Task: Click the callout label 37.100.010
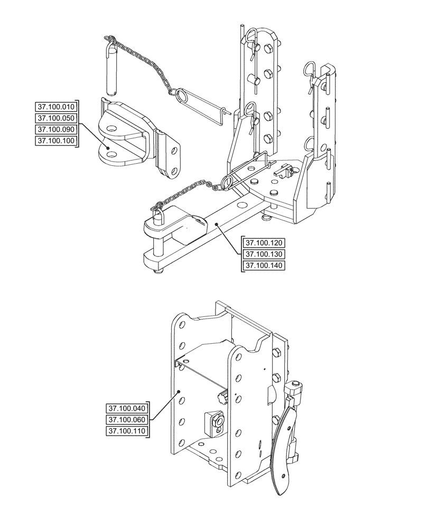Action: [x=55, y=106]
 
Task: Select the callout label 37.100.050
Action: [x=55, y=117]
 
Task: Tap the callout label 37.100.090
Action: [x=55, y=129]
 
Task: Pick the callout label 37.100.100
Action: [x=55, y=140]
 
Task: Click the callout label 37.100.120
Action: [x=264, y=243]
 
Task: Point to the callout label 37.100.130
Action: [x=264, y=254]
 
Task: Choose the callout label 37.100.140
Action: [x=264, y=266]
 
